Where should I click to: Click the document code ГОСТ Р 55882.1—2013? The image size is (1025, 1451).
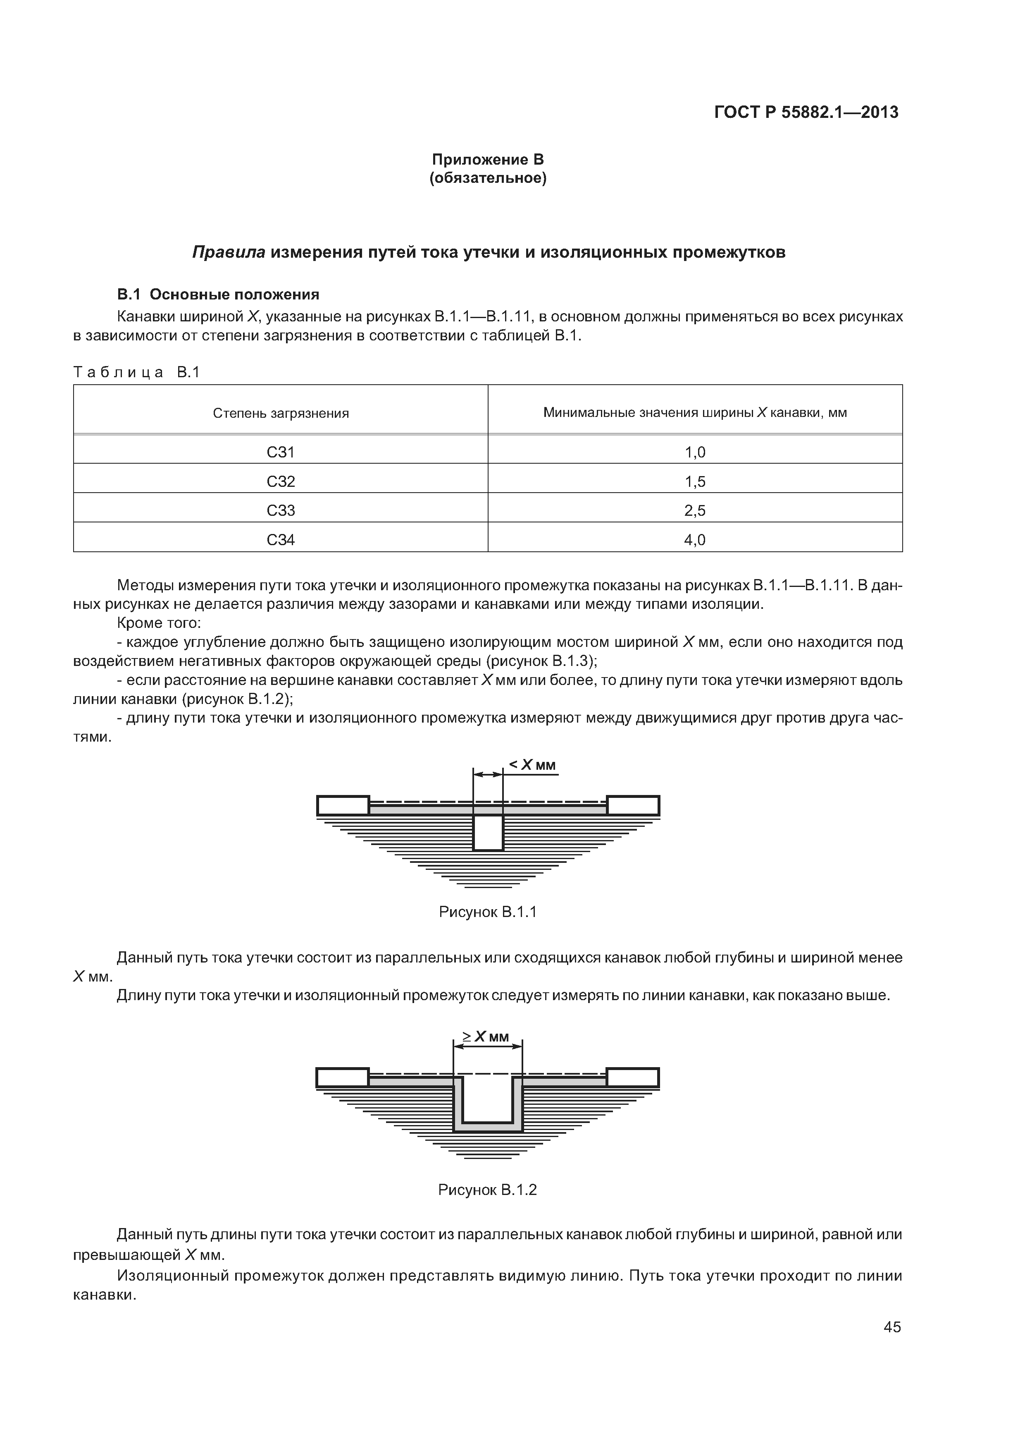pyautogui.click(x=806, y=113)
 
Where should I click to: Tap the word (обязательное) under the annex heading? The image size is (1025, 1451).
pyautogui.click(x=488, y=179)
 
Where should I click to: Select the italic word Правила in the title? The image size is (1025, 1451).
pyautogui.click(x=228, y=252)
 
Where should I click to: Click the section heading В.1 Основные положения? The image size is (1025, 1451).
pyautogui.click(x=218, y=295)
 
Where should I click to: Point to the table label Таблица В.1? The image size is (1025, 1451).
pyautogui.click(x=136, y=372)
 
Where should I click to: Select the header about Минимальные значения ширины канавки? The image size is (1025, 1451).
pyautogui.click(x=695, y=413)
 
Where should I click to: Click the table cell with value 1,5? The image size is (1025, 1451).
pyautogui.click(x=695, y=481)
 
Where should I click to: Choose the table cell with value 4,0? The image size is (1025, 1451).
pyautogui.click(x=695, y=540)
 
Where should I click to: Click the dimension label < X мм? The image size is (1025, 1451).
pyautogui.click(x=532, y=765)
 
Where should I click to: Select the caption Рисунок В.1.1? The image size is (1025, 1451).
pyautogui.click(x=488, y=912)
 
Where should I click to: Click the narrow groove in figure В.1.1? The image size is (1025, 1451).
pyautogui.click(x=488, y=832)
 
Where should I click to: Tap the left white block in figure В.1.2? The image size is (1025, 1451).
pyautogui.click(x=342, y=1077)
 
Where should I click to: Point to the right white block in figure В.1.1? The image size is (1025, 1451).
pyautogui.click(x=633, y=806)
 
